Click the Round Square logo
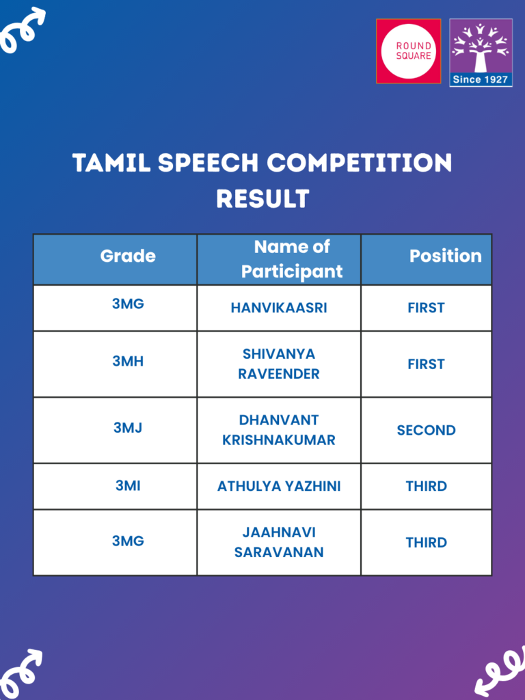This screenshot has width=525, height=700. pos(408,51)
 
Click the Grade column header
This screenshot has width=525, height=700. pos(128,256)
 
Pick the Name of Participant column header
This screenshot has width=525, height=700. pos(291,259)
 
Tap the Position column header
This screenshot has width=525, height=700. pos(445,256)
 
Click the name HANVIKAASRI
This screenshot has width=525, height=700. pos(279,308)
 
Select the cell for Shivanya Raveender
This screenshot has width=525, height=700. pos(279,364)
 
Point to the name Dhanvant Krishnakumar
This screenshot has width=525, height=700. pos(279,430)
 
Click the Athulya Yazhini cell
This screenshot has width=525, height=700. pos(279,486)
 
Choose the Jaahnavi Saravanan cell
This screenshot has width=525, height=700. pos(279,542)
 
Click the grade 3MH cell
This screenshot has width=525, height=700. pos(128,362)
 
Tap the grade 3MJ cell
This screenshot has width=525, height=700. pos(128,428)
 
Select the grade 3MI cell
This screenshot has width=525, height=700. pos(128,486)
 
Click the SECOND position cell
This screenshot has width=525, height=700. pos(426,430)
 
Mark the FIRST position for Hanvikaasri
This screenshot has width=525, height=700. pos(426,308)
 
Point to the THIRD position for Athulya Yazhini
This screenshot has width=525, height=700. pos(426,486)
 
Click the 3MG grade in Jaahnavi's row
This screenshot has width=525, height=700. pos(128,541)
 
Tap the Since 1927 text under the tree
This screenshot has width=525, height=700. pos(481,79)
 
